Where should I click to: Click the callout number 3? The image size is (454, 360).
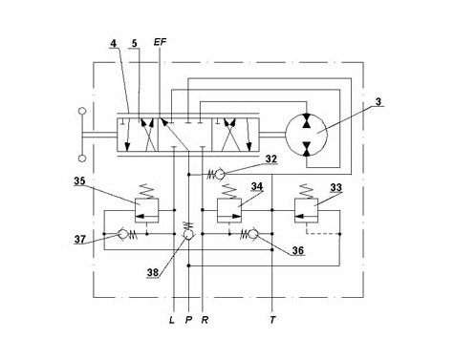pos(378,102)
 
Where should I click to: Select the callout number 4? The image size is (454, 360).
pos(113,43)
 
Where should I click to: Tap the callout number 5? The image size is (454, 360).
pos(135,43)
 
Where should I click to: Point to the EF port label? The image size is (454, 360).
pos(160,42)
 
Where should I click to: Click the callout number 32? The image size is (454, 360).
pos(271,159)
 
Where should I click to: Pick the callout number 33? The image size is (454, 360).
pos(335,187)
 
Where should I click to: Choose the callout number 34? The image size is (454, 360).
pos(257,186)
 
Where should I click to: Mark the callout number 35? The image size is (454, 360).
pos(79,181)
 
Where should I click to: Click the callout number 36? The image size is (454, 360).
pos(298,250)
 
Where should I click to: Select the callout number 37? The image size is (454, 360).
pos(80,239)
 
